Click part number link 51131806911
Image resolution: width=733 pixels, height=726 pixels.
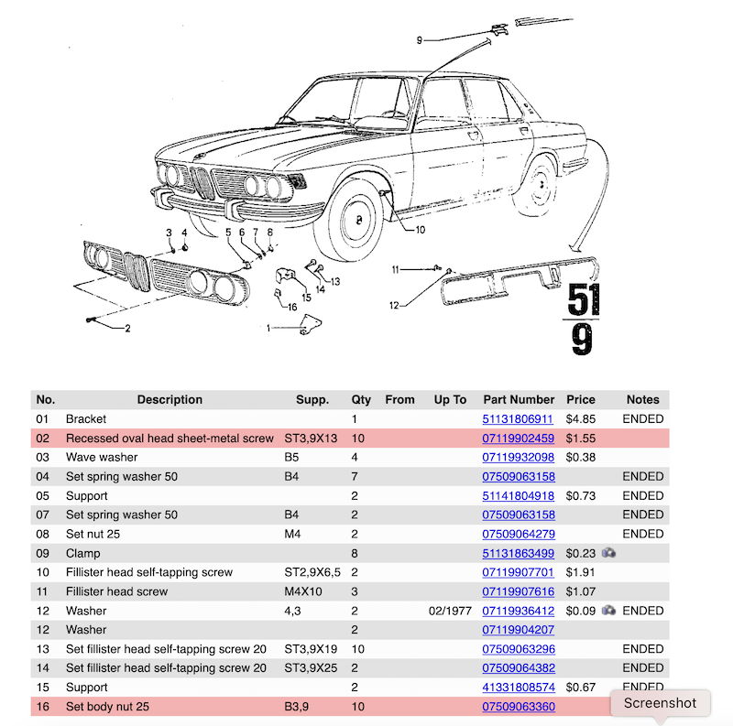pyautogui.click(x=518, y=419)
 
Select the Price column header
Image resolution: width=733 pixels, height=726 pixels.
pyautogui.click(x=580, y=400)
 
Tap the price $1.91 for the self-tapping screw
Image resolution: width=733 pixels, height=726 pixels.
pyautogui.click(x=580, y=573)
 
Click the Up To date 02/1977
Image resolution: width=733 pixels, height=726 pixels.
pyautogui.click(x=449, y=611)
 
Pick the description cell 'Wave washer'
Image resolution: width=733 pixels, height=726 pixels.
pyautogui.click(x=102, y=458)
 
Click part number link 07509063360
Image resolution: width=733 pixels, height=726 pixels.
pyautogui.click(x=518, y=707)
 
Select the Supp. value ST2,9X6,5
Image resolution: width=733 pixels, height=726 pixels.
pyautogui.click(x=312, y=573)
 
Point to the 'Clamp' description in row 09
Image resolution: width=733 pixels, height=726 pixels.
pyautogui.click(x=83, y=554)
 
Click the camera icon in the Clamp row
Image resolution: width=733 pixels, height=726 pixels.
pyautogui.click(x=609, y=553)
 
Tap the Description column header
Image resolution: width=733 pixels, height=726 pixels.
pyautogui.click(x=170, y=400)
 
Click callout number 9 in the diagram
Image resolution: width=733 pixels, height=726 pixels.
pyautogui.click(x=419, y=40)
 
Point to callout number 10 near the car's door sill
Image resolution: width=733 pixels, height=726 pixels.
pyautogui.click(x=420, y=231)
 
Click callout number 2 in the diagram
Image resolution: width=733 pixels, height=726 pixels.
pyautogui.click(x=127, y=328)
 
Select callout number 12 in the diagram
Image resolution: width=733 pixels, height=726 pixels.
pyautogui.click(x=395, y=305)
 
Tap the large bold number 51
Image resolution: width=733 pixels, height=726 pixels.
pyautogui.click(x=585, y=299)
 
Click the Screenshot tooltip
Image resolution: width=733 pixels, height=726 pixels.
pyautogui.click(x=660, y=703)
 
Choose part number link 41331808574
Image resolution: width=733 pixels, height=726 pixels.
pyautogui.click(x=518, y=688)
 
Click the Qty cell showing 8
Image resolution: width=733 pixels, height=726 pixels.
pyautogui.click(x=355, y=554)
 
